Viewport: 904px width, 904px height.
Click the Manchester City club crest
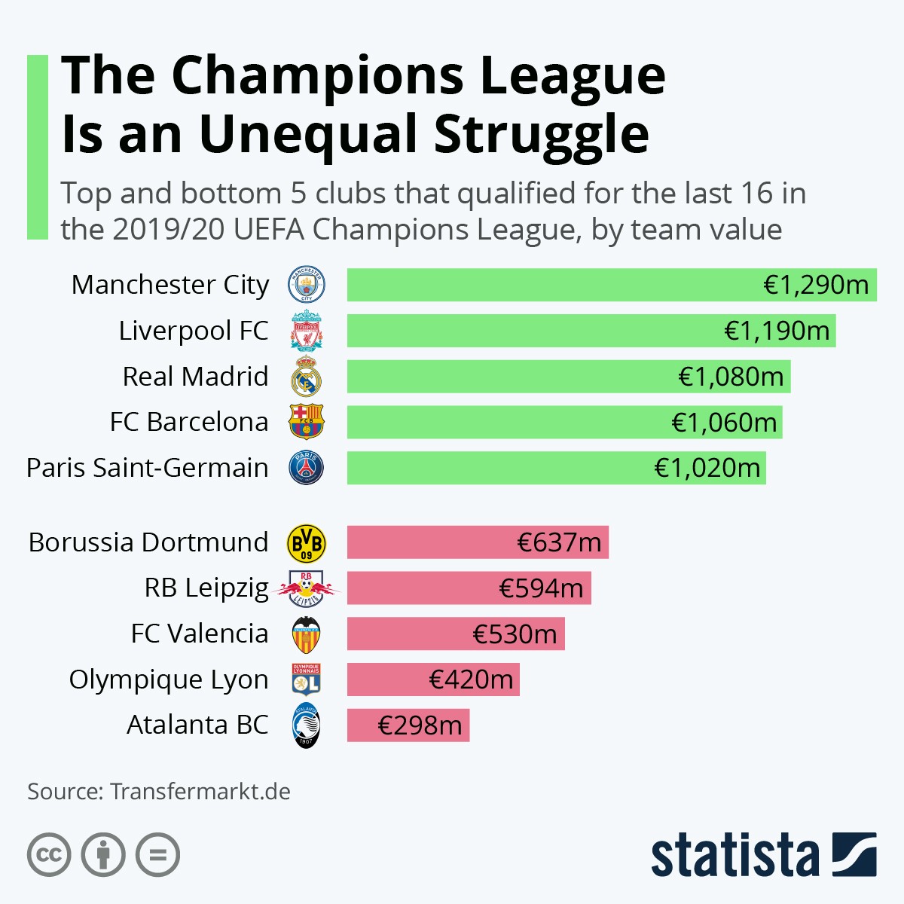tap(307, 285)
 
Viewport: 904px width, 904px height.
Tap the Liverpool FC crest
tap(307, 331)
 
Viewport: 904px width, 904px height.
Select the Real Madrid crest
tap(307, 377)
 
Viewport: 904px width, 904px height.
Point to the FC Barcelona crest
tap(307, 422)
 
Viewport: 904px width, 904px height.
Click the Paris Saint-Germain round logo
tap(307, 468)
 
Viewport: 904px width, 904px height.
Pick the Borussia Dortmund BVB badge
tap(307, 543)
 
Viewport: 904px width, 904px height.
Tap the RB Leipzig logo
tap(307, 588)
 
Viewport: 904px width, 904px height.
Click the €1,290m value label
tap(816, 285)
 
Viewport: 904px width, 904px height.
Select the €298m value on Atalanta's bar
tap(420, 725)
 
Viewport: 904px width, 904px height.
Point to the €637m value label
tap(559, 542)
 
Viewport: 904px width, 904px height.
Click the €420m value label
tap(471, 680)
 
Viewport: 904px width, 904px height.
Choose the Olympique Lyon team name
tap(169, 680)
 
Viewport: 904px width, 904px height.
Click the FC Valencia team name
tap(199, 634)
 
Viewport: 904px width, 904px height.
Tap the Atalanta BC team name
tap(197, 725)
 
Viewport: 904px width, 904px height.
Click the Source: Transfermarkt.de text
tap(159, 792)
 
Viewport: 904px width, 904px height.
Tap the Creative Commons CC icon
tap(50, 855)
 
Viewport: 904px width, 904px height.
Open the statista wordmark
tap(734, 856)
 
